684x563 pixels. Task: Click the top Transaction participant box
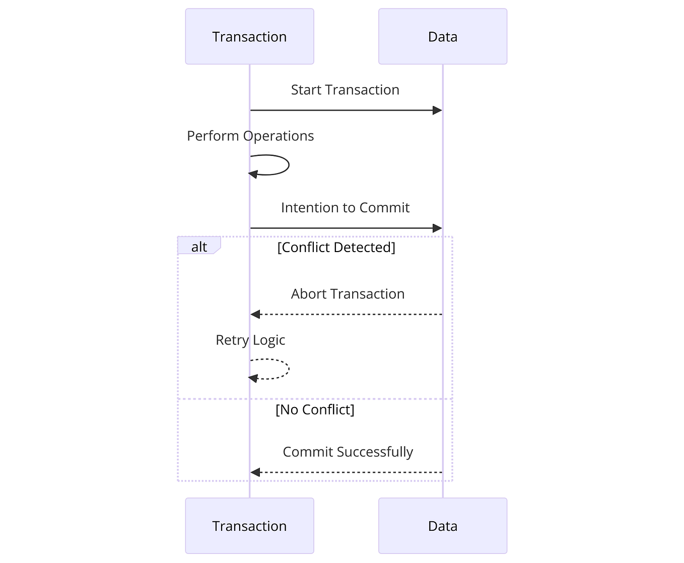[249, 36]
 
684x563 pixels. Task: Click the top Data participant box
[442, 36]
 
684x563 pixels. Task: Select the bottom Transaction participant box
[249, 526]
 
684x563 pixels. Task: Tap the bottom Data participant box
[442, 526]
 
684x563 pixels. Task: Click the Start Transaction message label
[345, 90]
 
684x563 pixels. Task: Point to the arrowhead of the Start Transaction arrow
[437, 110]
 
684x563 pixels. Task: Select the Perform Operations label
[250, 136]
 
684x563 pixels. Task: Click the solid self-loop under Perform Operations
[288, 165]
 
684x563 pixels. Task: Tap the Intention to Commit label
[345, 208]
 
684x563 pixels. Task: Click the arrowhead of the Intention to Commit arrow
[437, 228]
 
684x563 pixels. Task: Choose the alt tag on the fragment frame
[199, 247]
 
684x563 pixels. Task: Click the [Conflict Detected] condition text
[336, 248]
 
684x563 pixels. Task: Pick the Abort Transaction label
[348, 294]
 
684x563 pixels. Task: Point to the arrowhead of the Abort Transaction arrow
[255, 314]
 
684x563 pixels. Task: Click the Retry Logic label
[250, 340]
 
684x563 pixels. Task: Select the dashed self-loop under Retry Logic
[288, 369]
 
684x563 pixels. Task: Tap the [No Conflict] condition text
[315, 410]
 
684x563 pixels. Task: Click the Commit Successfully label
[348, 452]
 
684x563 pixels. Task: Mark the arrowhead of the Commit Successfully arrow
[255, 472]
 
